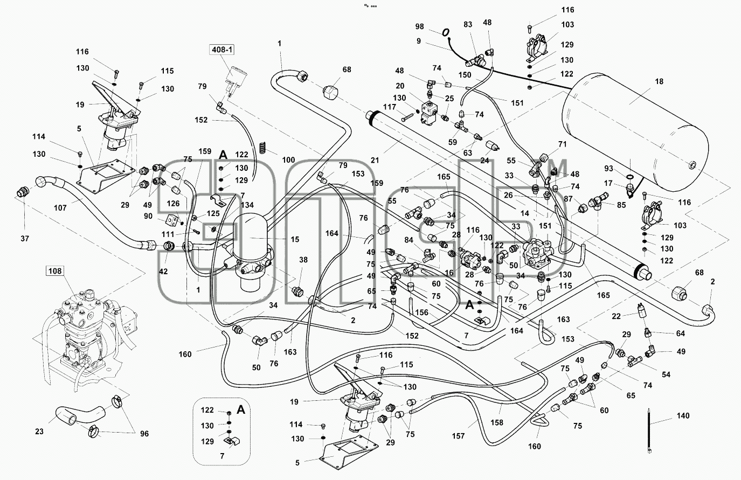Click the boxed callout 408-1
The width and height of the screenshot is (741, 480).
(222, 50)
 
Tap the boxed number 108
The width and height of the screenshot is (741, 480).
(55, 271)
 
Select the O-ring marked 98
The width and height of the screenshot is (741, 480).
(446, 32)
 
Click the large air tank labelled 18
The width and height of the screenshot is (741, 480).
(635, 132)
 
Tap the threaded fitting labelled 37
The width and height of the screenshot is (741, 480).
(23, 192)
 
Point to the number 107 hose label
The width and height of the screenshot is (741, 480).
(60, 208)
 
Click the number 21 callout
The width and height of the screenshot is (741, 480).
(375, 161)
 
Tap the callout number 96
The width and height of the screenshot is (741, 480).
(144, 434)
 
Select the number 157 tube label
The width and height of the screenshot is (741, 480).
(459, 436)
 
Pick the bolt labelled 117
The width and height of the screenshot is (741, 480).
(407, 117)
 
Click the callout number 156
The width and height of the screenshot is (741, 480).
(422, 312)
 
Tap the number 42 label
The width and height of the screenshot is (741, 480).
(163, 272)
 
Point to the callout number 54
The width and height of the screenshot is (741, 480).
(666, 374)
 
